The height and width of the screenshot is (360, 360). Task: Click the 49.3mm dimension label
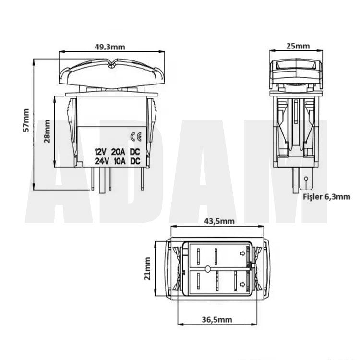click(x=110, y=47)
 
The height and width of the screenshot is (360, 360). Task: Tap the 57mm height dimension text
click(x=26, y=120)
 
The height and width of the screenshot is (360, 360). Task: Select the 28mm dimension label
click(x=47, y=132)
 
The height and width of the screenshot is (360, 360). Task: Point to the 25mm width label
click(x=298, y=46)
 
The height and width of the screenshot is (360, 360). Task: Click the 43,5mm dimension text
click(x=219, y=221)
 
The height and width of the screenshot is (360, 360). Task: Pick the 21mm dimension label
click(x=147, y=269)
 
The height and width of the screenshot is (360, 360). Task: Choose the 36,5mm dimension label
click(x=217, y=319)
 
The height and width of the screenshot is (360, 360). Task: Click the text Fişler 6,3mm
click(x=326, y=197)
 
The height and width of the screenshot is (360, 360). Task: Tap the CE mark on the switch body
click(x=136, y=137)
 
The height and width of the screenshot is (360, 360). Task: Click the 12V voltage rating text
click(x=101, y=152)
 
